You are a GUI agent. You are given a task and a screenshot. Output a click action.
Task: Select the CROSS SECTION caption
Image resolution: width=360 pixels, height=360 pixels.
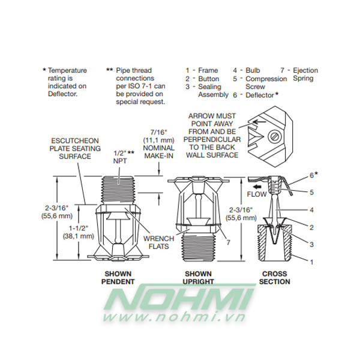[x=274, y=277]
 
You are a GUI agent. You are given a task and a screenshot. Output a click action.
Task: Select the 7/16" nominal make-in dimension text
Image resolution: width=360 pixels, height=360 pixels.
[x=159, y=144]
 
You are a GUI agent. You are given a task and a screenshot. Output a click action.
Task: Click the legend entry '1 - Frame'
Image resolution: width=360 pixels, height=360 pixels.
[x=202, y=70]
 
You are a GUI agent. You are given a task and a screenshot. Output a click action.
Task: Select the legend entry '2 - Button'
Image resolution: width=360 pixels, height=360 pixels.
[x=202, y=79]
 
